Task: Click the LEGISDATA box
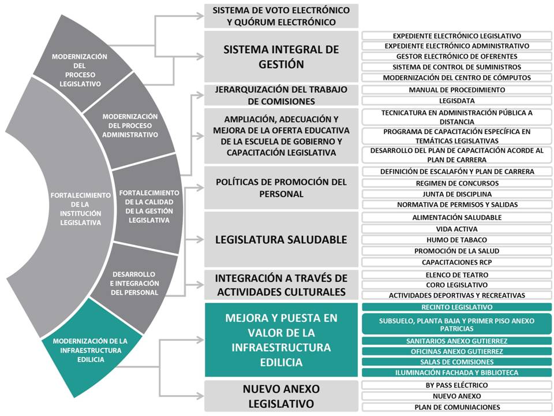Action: tap(456, 101)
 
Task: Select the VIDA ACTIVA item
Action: tap(456, 229)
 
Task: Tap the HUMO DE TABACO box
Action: tap(456, 240)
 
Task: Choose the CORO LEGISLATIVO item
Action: tap(456, 285)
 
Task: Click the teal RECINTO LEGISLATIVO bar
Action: tap(456, 307)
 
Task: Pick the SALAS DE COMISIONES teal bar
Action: tap(456, 362)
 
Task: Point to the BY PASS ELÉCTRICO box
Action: tap(456, 385)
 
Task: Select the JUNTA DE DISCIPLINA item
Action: tap(456, 194)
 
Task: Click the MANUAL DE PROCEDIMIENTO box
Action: tap(456, 90)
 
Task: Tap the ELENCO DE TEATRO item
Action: tap(456, 275)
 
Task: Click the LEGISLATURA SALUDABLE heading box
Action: tap(281, 239)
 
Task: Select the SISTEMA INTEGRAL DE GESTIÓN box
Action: tap(281, 57)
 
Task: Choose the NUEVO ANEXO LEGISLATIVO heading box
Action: tap(281, 396)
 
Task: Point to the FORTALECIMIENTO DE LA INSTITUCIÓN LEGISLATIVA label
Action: tap(81, 209)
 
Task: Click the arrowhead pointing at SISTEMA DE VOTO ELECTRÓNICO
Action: tap(200, 16)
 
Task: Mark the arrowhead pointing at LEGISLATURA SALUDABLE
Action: tap(200, 239)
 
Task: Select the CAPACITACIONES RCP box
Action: tap(456, 262)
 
